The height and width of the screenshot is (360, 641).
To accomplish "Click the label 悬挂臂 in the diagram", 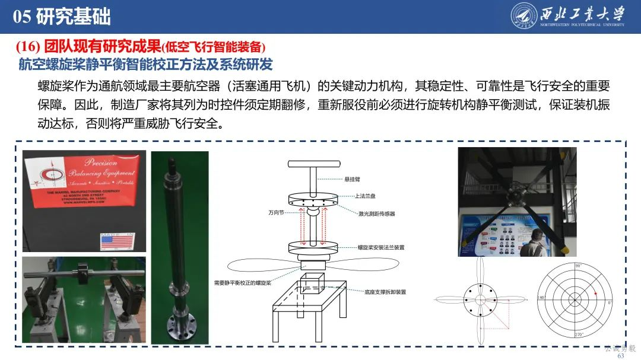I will pyautogui.click(x=353, y=179).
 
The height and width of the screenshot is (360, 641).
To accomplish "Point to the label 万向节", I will pyautogui.click(x=277, y=212).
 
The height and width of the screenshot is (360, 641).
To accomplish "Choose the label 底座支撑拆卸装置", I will pyautogui.click(x=385, y=292).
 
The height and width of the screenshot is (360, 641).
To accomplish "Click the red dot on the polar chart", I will pyautogui.click(x=595, y=294).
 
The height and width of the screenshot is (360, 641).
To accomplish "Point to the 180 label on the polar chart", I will pyautogui.click(x=541, y=298).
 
